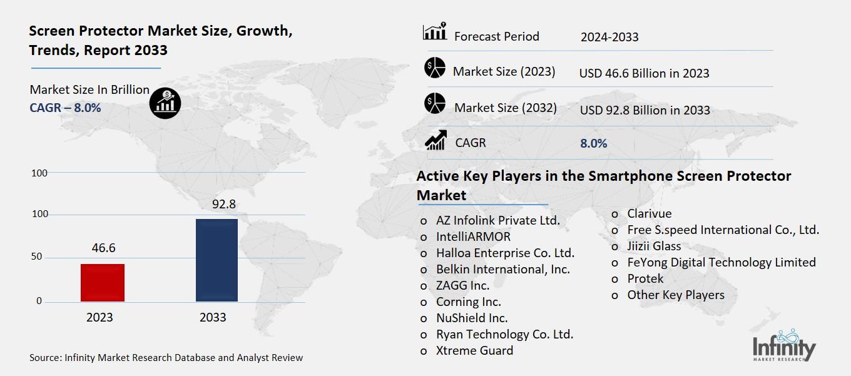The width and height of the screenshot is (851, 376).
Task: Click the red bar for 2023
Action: (103, 283)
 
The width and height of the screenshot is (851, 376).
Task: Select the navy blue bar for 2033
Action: (217, 260)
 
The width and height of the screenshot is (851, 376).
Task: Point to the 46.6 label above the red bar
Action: (103, 248)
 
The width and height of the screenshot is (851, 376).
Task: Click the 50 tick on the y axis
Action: (38, 257)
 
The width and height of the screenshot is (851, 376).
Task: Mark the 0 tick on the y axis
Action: (39, 301)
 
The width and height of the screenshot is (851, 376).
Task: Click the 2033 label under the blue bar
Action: (213, 317)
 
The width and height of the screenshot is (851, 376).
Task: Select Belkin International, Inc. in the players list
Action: (503, 269)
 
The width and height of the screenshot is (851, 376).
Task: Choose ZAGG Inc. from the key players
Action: (462, 285)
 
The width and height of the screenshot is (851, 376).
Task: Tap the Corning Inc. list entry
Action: (468, 302)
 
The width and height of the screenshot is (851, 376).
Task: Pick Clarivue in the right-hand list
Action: (649, 214)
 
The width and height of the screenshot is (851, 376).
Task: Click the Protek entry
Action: (645, 278)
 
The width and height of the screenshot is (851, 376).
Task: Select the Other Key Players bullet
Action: (675, 295)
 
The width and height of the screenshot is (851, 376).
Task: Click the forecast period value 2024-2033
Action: (609, 37)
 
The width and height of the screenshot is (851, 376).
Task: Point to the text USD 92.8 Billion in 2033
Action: (645, 110)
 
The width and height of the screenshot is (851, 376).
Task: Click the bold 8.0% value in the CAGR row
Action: (593, 143)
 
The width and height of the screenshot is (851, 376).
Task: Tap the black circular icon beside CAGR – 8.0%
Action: (165, 102)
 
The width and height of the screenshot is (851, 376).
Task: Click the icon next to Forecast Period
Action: (434, 31)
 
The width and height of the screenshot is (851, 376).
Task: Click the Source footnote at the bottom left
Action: (166, 358)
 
